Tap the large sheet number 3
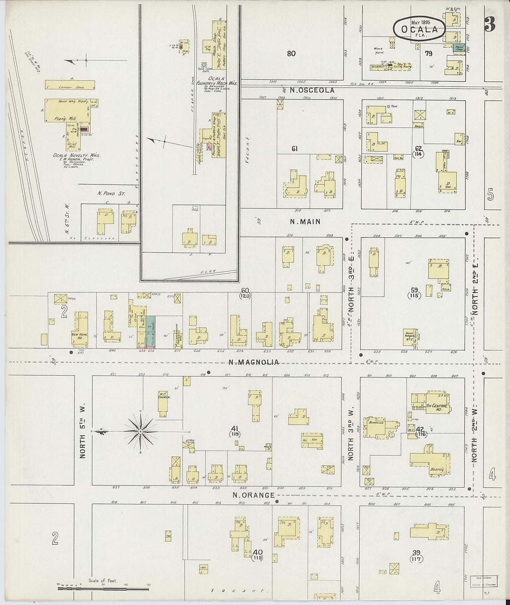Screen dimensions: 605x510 coord(490,24)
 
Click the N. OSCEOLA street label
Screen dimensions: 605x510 coord(312,90)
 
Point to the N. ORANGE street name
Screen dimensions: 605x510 coord(254,495)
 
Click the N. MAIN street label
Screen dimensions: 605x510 coord(305,222)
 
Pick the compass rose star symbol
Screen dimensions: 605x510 coord(140,432)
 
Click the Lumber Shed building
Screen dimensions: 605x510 coord(70,85)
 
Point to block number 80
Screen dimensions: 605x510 coord(291,54)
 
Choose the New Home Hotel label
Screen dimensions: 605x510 coord(79,336)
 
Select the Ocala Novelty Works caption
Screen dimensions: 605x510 coord(83,156)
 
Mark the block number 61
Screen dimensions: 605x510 coord(294,149)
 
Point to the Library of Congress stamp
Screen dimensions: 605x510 coord(484,581)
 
